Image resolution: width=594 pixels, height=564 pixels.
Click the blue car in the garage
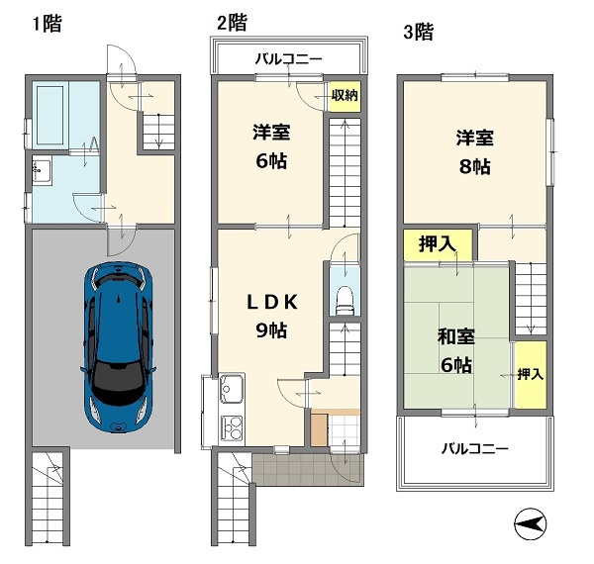coord(118,345)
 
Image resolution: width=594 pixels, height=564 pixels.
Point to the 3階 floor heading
coord(417,32)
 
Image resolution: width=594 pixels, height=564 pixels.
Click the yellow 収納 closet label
coord(344,96)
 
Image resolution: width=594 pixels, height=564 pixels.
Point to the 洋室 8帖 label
coord(473,152)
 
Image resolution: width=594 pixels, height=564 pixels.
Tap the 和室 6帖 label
coord(455,350)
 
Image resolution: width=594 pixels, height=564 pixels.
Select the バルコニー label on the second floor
coord(288,59)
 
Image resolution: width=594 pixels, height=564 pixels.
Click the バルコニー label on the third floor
coord(474,449)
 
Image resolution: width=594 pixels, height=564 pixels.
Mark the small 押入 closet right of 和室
coord(530,373)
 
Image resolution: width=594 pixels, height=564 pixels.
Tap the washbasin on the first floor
coord(41,173)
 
